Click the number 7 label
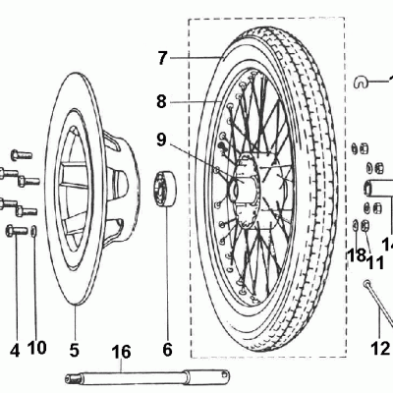[162, 57]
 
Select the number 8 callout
[162, 100]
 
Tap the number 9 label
[162, 140]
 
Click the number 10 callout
[37, 347]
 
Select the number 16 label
[120, 351]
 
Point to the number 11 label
[374, 262]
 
